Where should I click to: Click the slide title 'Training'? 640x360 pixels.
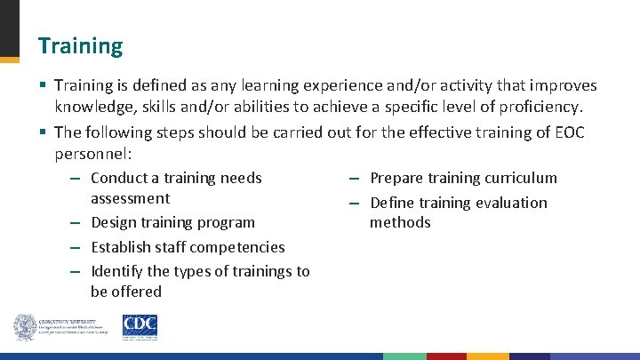click(x=80, y=45)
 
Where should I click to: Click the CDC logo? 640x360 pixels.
click(x=140, y=326)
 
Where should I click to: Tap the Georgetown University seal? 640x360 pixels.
click(x=25, y=327)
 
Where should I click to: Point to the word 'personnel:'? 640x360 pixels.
click(x=93, y=153)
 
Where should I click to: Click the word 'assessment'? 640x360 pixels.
click(x=130, y=198)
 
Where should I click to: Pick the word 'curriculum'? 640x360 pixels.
click(x=519, y=178)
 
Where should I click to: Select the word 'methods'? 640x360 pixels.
click(x=400, y=222)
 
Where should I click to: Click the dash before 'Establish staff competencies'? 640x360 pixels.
click(x=77, y=247)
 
